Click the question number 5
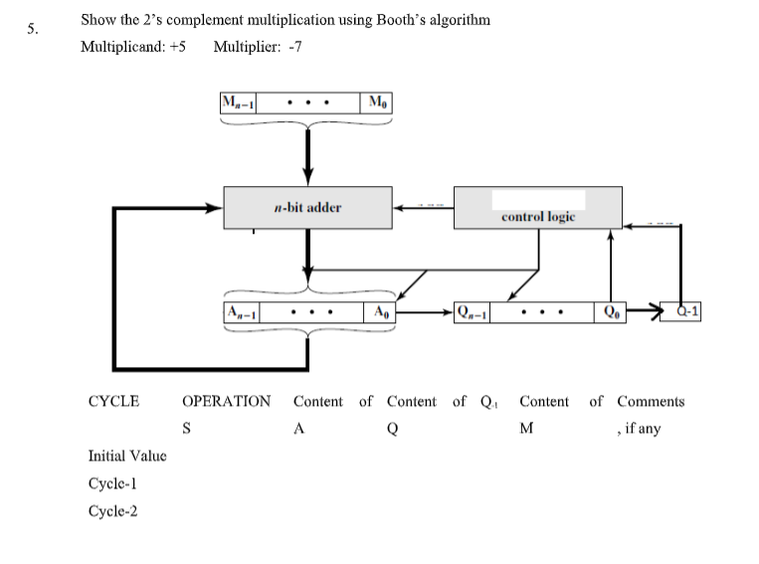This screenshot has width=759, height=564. (34, 29)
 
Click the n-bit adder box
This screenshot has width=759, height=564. (307, 208)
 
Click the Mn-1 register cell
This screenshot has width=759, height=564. (237, 102)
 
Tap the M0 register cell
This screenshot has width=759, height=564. (378, 102)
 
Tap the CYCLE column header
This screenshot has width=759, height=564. (113, 402)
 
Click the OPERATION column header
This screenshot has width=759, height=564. (226, 402)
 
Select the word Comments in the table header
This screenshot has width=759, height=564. (651, 402)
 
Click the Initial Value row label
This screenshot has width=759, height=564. (127, 456)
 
